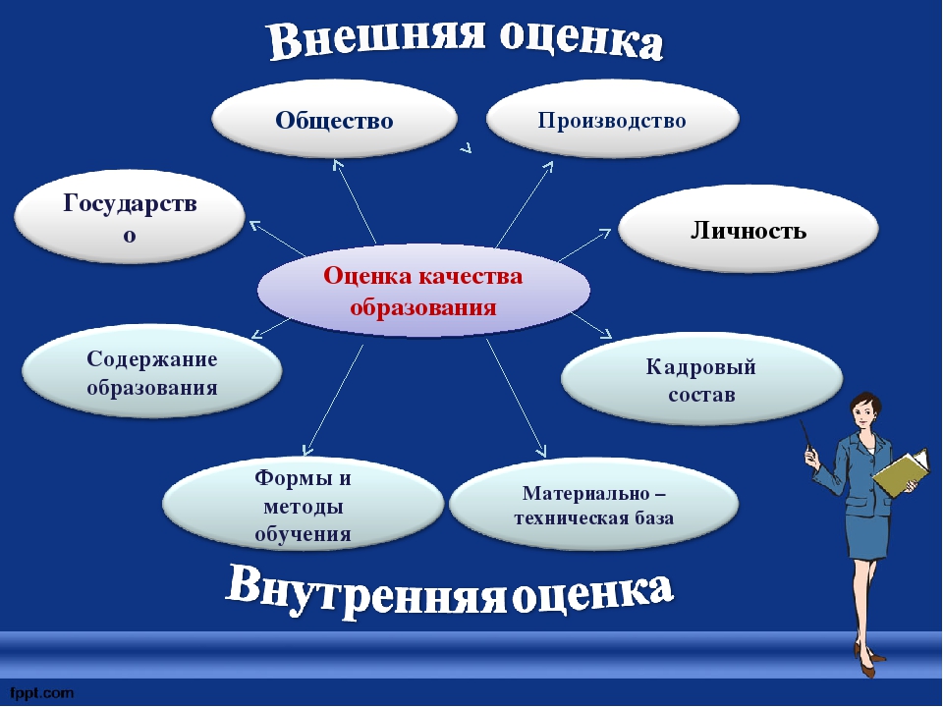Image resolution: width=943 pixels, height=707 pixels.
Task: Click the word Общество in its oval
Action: tap(334, 120)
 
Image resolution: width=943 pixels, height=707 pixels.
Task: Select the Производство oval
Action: tap(612, 119)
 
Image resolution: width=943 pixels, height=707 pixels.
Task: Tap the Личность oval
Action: tap(749, 229)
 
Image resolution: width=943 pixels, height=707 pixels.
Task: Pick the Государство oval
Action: tap(130, 216)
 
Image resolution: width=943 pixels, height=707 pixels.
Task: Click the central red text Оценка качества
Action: tap(422, 276)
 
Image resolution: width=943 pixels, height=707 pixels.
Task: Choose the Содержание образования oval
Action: tap(151, 371)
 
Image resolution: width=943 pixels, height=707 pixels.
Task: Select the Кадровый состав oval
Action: tap(701, 379)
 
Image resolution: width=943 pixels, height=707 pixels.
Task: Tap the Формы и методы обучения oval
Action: tap(303, 504)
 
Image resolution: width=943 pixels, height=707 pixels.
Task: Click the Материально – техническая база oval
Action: tap(593, 504)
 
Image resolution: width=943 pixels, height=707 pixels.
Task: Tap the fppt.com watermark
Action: tap(41, 693)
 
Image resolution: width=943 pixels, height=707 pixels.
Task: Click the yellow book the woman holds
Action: tap(901, 472)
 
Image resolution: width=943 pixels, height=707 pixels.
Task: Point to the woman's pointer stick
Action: tap(805, 433)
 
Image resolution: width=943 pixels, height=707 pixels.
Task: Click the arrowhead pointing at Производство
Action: tap(548, 167)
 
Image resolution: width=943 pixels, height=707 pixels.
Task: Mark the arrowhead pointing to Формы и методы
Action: tap(307, 449)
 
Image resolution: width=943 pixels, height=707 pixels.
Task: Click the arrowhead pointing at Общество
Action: tap(338, 165)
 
